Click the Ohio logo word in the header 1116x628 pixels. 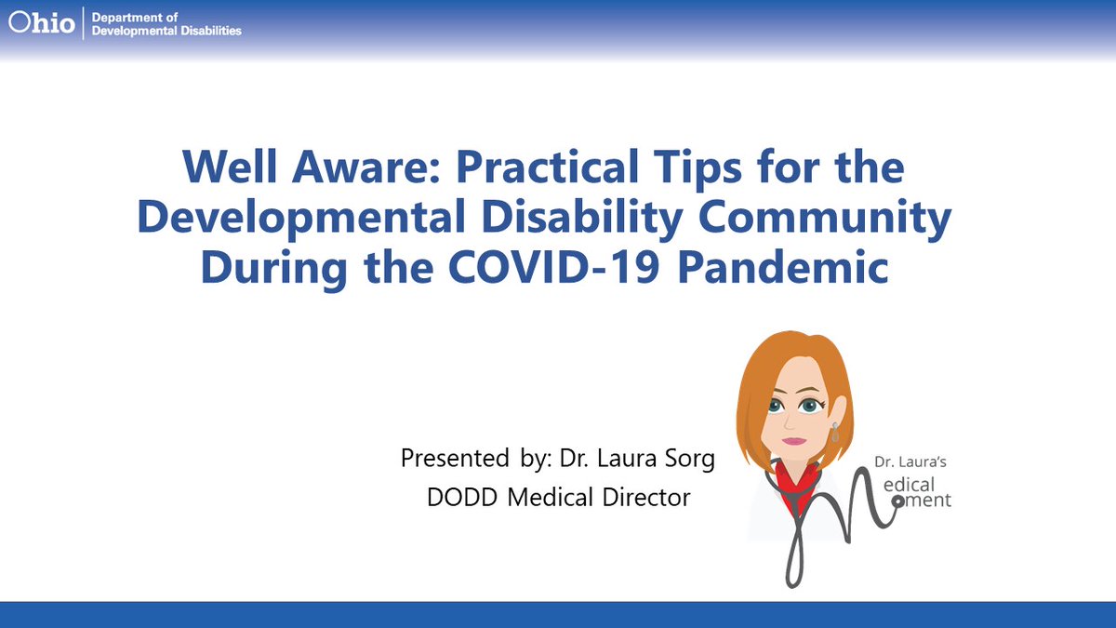point(43,21)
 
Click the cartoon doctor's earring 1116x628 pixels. point(834,433)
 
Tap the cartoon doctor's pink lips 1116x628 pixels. point(793,440)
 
